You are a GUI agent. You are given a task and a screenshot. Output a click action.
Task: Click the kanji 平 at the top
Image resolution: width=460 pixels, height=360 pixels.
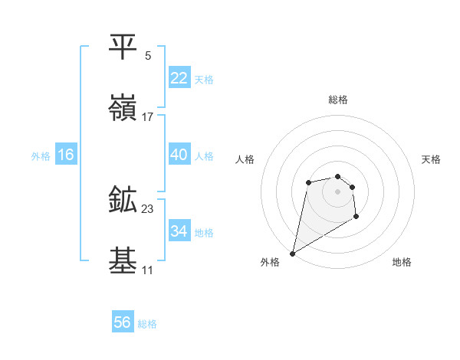coord(123,47)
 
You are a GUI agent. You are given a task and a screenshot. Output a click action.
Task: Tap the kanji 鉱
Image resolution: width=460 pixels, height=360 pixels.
coord(123,200)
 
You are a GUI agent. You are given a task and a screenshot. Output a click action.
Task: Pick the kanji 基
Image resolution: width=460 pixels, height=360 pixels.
coord(123,261)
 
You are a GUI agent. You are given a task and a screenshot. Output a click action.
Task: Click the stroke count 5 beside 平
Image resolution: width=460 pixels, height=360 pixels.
coord(148,56)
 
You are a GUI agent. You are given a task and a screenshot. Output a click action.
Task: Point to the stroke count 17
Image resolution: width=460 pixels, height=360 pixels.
coord(148,117)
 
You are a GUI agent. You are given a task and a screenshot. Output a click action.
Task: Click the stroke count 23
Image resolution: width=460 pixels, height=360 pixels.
coord(148,209)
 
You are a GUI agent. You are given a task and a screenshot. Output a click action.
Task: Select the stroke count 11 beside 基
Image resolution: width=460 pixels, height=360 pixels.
coord(148,270)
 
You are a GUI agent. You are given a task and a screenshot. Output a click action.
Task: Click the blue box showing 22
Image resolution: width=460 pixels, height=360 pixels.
coord(179,78)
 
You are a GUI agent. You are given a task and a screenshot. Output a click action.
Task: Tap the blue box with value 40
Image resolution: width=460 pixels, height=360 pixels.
coord(179,155)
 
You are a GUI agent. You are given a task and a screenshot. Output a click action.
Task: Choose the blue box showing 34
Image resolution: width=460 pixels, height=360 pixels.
coord(179,231)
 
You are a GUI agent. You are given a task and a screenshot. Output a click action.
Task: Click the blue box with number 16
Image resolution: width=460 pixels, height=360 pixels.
coord(66,155)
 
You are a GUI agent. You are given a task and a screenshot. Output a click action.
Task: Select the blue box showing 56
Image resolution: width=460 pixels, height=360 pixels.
coord(123,322)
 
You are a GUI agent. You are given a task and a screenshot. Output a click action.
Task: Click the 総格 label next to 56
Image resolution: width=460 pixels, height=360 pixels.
coord(147,324)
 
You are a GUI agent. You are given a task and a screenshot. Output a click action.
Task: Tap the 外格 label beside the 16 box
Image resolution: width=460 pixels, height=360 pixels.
coord(41,156)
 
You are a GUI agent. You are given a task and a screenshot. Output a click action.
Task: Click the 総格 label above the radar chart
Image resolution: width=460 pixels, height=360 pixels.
coord(337,100)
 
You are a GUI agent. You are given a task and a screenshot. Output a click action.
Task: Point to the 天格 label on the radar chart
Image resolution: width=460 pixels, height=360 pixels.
coord(432,159)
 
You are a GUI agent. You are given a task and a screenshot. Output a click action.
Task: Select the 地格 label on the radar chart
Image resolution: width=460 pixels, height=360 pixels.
coord(402,263)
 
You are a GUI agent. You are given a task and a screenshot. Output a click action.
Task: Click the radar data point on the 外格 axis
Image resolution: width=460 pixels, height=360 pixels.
coord(292,253)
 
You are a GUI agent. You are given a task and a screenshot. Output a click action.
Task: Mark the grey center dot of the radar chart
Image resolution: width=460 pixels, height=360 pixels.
coord(337,191)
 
